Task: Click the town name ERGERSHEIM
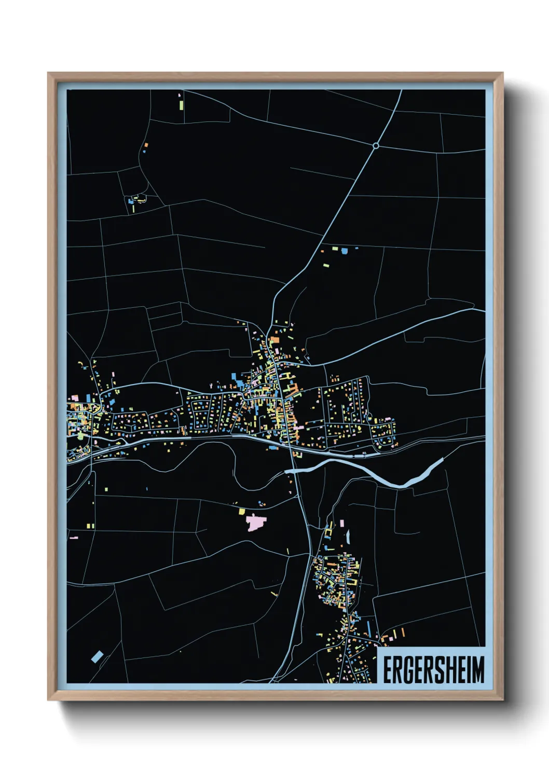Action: click(x=433, y=669)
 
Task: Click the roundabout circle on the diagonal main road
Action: click(x=376, y=146)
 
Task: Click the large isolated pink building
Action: click(x=255, y=523)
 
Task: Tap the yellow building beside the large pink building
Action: click(x=241, y=512)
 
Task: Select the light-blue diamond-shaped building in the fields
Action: click(x=97, y=657)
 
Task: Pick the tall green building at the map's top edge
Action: click(x=181, y=105)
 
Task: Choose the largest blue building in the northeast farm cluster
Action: click(x=343, y=251)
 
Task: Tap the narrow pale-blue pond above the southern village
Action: click(x=348, y=536)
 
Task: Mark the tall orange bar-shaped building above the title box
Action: click(x=402, y=632)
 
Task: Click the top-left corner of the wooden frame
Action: click(x=48, y=73)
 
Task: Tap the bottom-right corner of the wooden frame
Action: click(x=502, y=700)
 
